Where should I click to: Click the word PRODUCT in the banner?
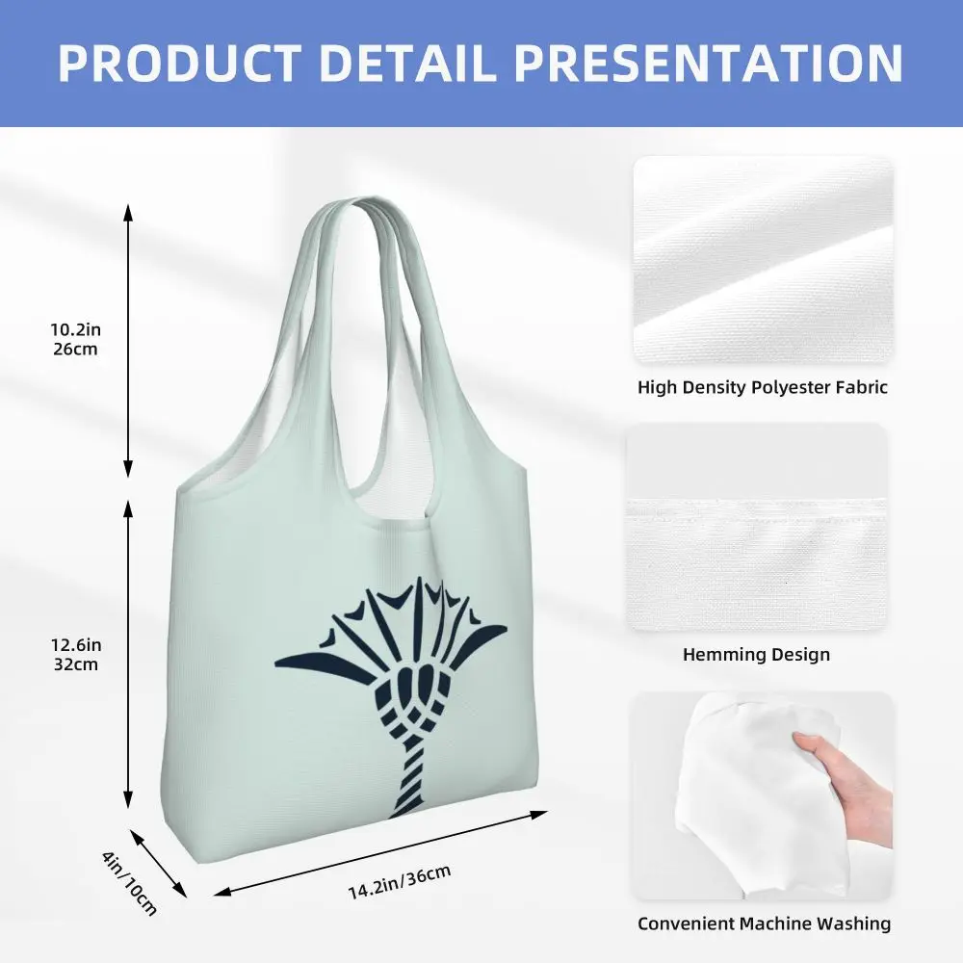179,63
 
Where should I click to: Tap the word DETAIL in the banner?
407,63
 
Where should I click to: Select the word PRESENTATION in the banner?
709,63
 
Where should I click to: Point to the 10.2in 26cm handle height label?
75,339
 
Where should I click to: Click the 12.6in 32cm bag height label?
75,655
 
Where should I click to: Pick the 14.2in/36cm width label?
400,881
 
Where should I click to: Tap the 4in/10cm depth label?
130,882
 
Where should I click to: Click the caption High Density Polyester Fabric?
762,387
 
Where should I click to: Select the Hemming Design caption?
756,654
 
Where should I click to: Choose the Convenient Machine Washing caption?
764,924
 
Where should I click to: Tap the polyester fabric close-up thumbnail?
763,260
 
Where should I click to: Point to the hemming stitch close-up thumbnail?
756,527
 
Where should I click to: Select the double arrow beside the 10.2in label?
128,340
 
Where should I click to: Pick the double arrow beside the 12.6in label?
128,654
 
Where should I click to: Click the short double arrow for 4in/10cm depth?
158,864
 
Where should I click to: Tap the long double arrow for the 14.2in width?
380,853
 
